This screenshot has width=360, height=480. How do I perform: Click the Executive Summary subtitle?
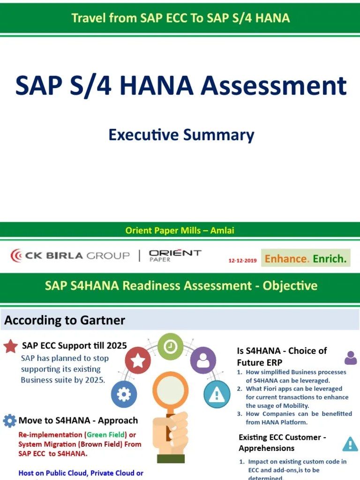[181, 135]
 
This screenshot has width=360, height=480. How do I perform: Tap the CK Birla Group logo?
[70, 255]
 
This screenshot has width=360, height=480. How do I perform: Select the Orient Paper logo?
[175, 255]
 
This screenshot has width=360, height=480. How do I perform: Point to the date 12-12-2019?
[242, 261]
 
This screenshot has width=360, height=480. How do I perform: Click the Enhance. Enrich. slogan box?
[306, 258]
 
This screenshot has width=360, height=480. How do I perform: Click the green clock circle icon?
[170, 346]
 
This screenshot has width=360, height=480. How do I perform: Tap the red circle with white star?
[138, 360]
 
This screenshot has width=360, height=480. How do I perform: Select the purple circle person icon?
[203, 360]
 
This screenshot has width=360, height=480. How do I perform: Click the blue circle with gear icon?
[124, 394]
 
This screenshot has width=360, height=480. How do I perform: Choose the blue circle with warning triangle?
[217, 394]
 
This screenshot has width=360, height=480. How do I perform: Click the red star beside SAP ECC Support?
[11, 346]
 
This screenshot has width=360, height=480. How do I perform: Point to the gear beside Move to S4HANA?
[9, 420]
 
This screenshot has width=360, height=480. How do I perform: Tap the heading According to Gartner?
[65, 321]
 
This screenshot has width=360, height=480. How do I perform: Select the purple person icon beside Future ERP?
[350, 358]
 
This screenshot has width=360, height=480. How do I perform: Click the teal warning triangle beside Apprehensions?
[350, 443]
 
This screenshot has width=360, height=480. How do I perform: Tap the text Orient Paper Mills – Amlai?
[180, 230]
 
